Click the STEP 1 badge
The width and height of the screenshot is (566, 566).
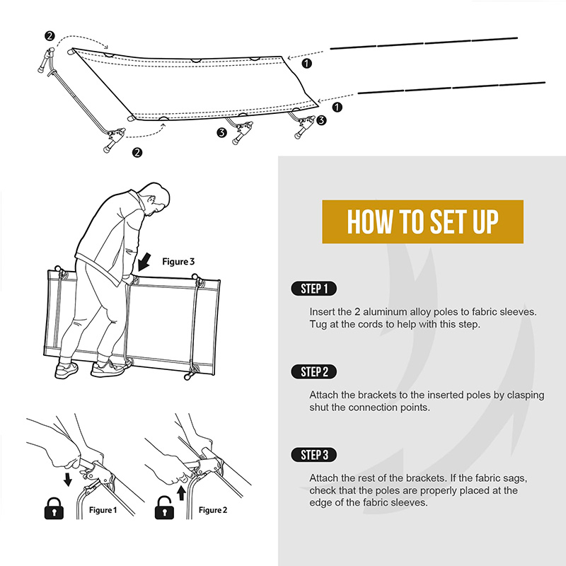click(313, 289)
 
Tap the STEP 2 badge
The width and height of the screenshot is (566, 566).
click(313, 372)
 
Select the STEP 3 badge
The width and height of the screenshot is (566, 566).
click(313, 455)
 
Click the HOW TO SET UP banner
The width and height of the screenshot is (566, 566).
click(422, 221)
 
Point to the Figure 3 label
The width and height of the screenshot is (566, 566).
click(178, 261)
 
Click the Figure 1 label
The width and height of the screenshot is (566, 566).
click(103, 510)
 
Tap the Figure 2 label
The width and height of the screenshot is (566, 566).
click(213, 510)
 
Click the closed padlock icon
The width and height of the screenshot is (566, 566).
click(54, 508)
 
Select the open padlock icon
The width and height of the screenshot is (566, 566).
click(164, 508)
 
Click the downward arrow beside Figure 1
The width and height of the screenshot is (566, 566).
click(67, 480)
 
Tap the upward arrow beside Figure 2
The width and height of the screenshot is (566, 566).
click(182, 493)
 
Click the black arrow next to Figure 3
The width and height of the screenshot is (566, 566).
click(144, 262)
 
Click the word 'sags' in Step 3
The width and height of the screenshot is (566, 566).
click(515, 479)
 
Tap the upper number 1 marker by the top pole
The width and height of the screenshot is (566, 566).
click(306, 64)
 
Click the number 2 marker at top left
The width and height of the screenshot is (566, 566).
click(50, 36)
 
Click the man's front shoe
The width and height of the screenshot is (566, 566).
click(110, 368)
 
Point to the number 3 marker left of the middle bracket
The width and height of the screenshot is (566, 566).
click(221, 132)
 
